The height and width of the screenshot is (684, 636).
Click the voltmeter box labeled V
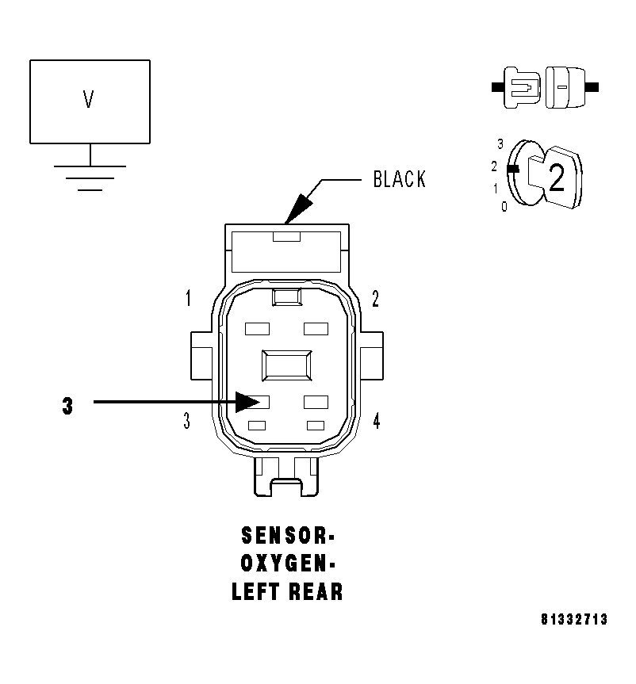point(89,101)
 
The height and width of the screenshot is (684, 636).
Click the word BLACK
point(399,180)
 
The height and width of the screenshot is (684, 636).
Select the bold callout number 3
point(67,406)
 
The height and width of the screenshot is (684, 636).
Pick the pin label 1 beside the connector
point(188,299)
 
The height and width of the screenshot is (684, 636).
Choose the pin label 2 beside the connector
point(375,299)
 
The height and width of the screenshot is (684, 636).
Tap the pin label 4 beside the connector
point(376,421)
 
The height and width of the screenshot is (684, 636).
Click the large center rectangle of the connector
point(285,367)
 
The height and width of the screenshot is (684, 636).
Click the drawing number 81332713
point(574,619)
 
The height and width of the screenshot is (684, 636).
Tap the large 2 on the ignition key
point(557,180)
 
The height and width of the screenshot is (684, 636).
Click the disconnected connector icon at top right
point(545,86)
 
